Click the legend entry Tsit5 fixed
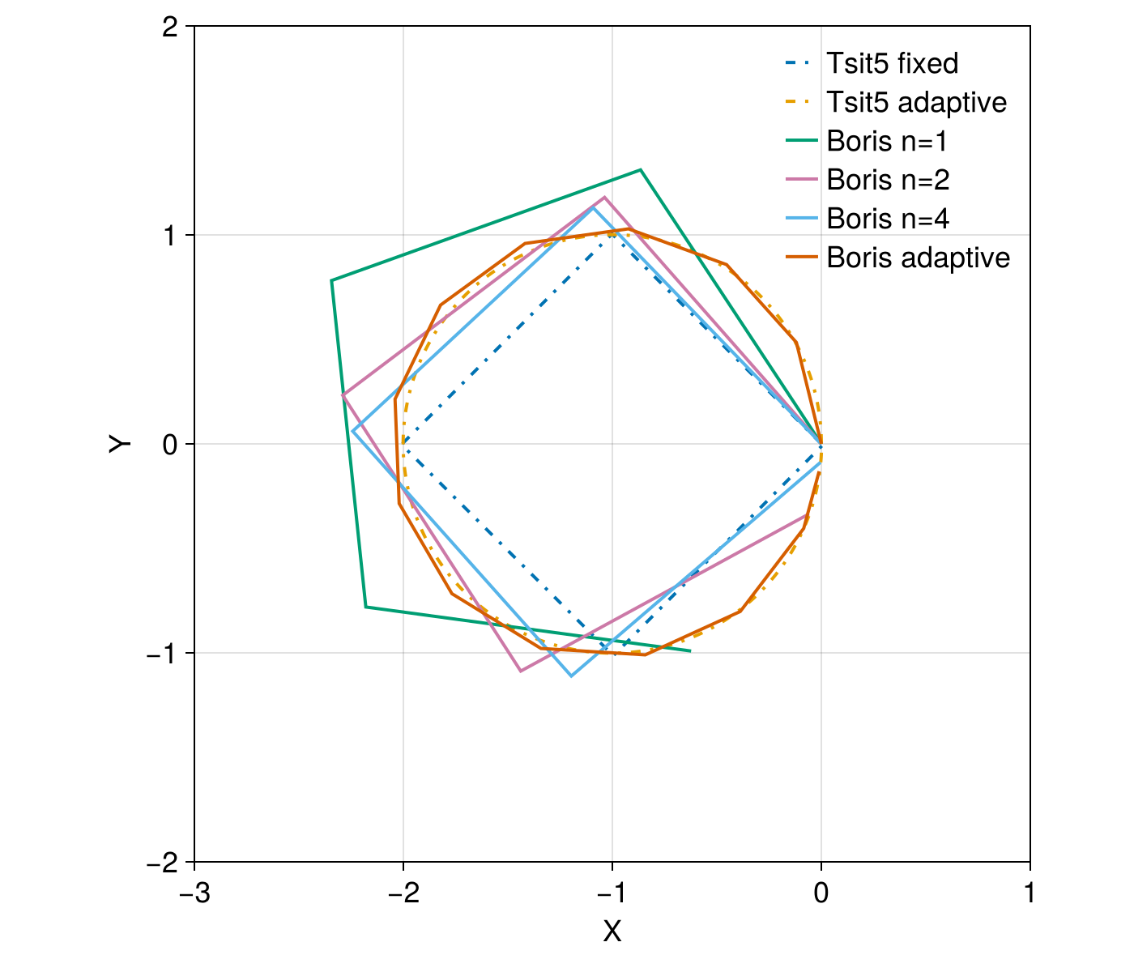click(892, 63)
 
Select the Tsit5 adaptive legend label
click(916, 102)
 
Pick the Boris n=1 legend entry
click(887, 141)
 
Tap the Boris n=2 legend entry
click(888, 180)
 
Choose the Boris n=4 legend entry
click(888, 219)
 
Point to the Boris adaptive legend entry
click(918, 258)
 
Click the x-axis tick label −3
click(194, 893)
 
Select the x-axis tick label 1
click(1030, 893)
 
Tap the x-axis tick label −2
click(403, 893)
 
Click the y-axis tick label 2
click(169, 27)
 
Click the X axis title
click(612, 932)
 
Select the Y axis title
click(121, 444)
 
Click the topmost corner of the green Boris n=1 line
click(641, 169)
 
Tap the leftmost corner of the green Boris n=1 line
click(331, 280)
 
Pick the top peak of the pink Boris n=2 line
click(604, 197)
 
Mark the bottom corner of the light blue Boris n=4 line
click(571, 676)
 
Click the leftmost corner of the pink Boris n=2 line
click(343, 395)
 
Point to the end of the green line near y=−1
click(690, 650)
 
